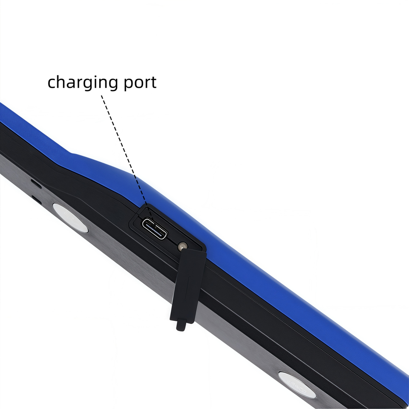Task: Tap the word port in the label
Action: click(x=140, y=82)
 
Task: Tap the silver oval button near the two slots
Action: click(x=70, y=217)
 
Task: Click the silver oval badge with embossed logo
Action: click(x=297, y=384)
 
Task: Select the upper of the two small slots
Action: click(x=36, y=184)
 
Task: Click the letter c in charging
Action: click(x=52, y=82)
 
